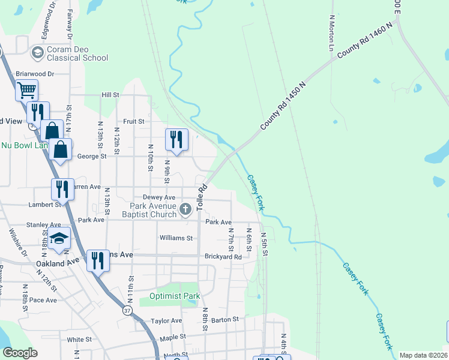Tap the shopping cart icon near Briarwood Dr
[x=26, y=91]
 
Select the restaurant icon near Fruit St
[x=176, y=139]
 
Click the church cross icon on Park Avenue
[x=185, y=209]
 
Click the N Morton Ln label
[x=331, y=33]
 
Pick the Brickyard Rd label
[x=223, y=257]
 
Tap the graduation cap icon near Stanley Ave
[x=59, y=238]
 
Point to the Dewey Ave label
[x=159, y=197]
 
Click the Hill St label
[x=110, y=95]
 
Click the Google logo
[x=20, y=353]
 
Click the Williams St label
[x=176, y=238]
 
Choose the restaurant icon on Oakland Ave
[x=98, y=260]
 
